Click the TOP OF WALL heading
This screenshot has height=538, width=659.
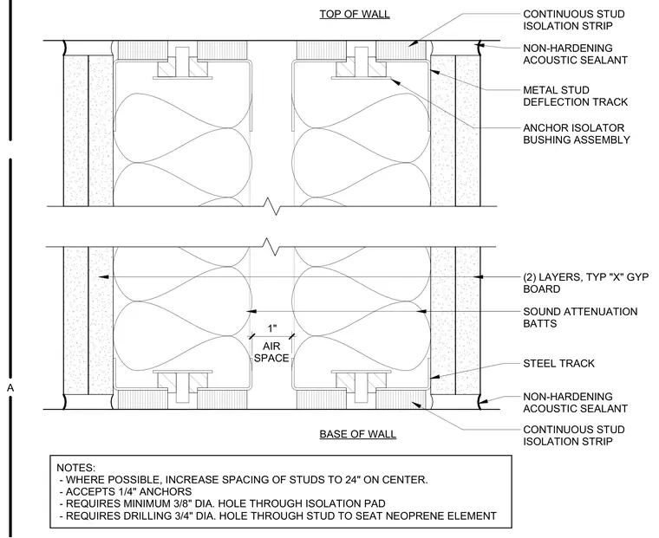(355, 14)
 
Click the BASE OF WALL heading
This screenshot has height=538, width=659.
(357, 434)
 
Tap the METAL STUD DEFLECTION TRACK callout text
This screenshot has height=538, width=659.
(575, 96)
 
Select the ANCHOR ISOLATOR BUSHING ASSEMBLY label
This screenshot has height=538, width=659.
(577, 133)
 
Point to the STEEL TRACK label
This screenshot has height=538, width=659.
(558, 363)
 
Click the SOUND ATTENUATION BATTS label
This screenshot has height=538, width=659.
(580, 317)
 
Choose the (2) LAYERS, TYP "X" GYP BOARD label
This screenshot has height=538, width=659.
(585, 283)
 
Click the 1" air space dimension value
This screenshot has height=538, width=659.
(272, 328)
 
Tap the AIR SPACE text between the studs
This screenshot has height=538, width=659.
(271, 353)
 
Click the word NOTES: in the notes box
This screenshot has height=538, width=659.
(76, 468)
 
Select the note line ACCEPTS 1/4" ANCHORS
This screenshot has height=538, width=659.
(126, 492)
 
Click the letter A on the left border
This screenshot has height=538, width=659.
(10, 388)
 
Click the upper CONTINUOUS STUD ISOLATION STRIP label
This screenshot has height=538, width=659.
(574, 20)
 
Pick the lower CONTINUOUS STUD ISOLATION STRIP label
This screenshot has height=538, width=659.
(574, 436)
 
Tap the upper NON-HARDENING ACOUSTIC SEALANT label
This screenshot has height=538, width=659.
(575, 55)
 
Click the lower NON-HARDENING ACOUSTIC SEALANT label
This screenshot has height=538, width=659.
(575, 402)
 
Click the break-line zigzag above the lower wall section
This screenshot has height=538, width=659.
(275, 247)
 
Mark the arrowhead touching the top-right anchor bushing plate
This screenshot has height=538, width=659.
(395, 81)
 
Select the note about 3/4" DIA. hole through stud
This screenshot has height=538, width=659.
(277, 515)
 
